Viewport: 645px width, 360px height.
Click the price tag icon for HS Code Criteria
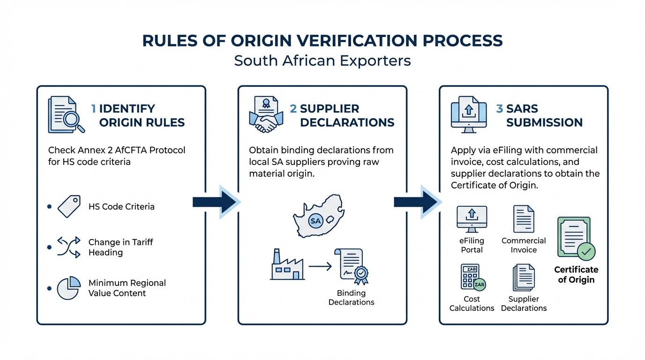click(x=69, y=207)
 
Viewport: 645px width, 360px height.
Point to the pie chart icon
click(x=68, y=288)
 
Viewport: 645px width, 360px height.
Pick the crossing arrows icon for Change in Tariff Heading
click(x=68, y=247)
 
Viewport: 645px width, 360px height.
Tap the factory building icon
click(x=287, y=266)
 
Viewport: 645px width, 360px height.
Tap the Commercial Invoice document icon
click(x=524, y=219)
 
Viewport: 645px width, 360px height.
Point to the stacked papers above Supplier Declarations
click(x=524, y=277)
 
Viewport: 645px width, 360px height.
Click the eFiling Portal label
click(x=472, y=245)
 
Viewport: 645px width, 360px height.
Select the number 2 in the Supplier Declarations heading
click(x=293, y=109)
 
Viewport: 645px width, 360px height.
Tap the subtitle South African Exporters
click(x=322, y=61)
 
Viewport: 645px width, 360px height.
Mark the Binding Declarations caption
click(x=351, y=298)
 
